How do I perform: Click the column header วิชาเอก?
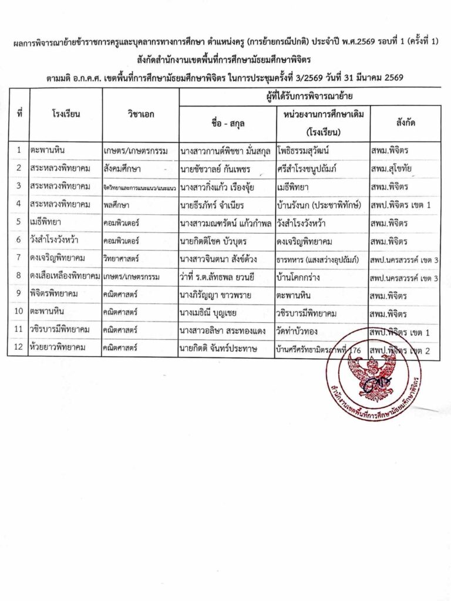pyautogui.click(x=140, y=114)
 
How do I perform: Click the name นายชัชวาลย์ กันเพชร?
pyautogui.click(x=216, y=169)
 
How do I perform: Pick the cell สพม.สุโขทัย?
pyautogui.click(x=392, y=169)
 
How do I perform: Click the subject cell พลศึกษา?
pyautogui.click(x=116, y=205)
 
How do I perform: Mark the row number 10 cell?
pyautogui.click(x=19, y=313)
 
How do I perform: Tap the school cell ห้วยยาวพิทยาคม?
pyautogui.click(x=58, y=349)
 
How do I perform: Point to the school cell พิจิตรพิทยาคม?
pyautogui.click(x=55, y=295)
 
